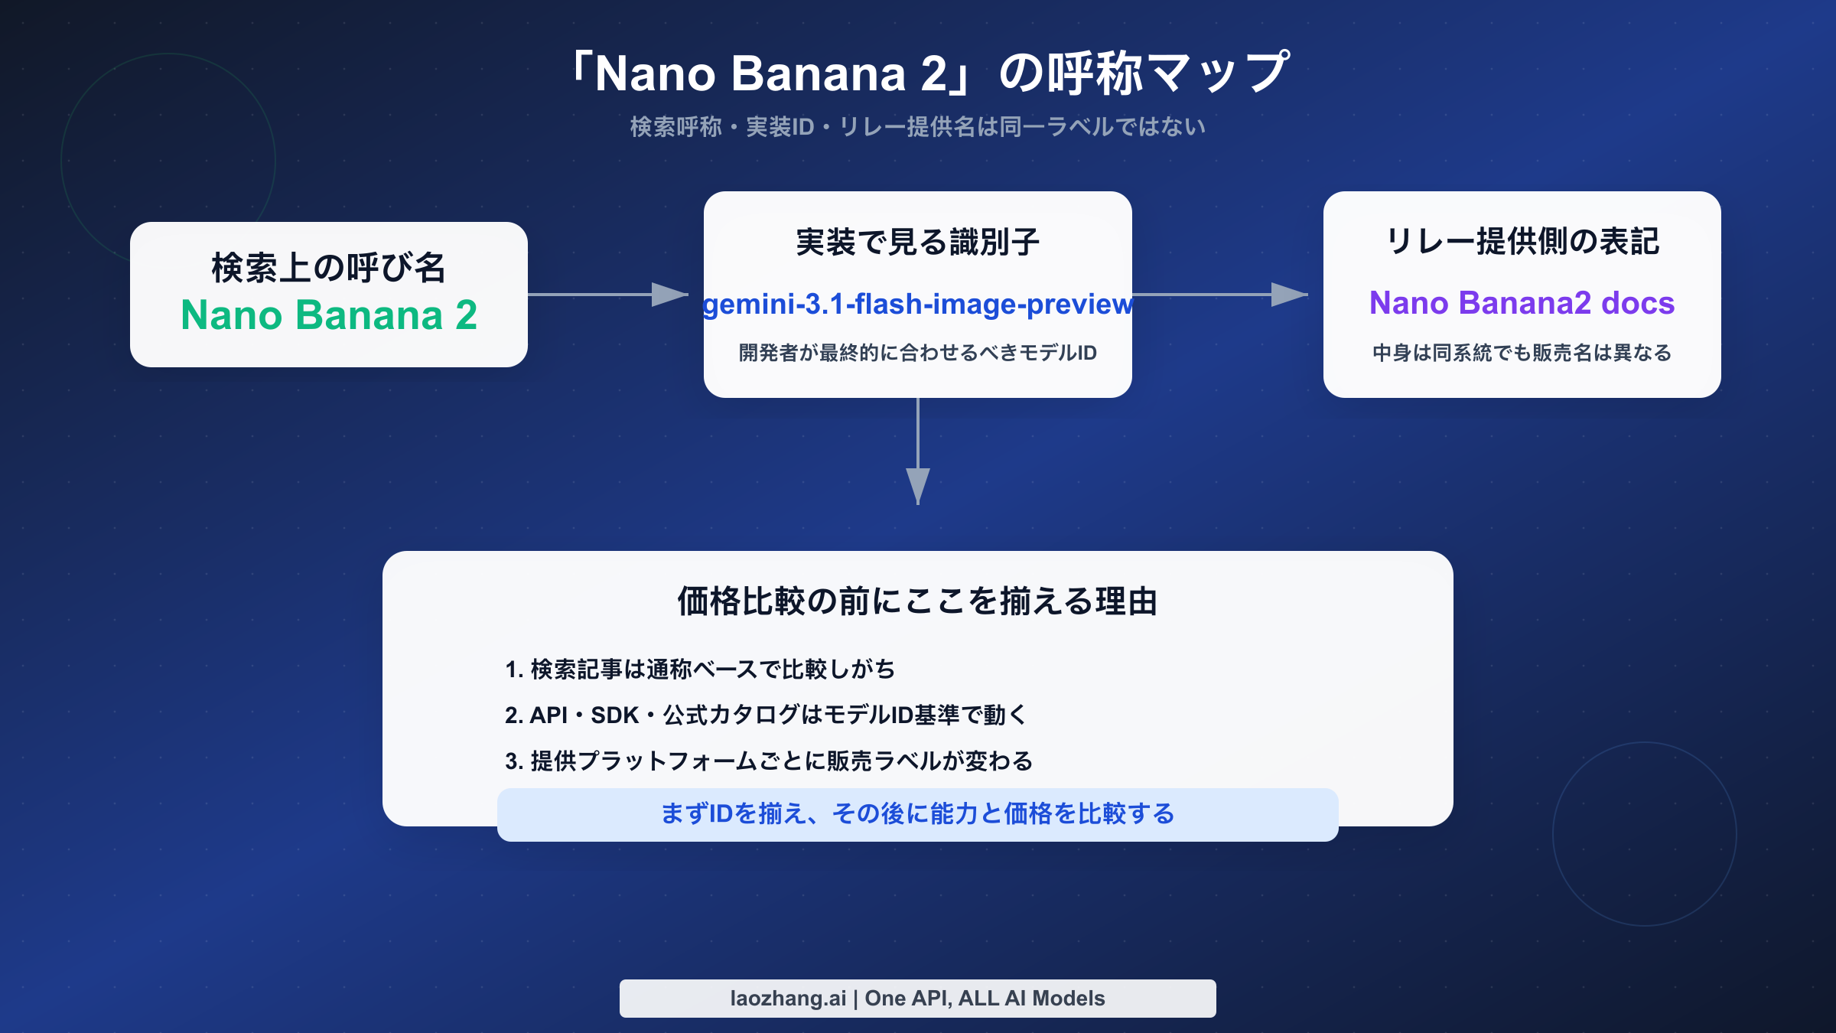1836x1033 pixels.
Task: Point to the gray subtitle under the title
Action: (x=918, y=127)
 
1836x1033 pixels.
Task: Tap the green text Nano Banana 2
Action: (x=329, y=315)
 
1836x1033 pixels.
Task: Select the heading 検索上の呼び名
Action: (x=329, y=268)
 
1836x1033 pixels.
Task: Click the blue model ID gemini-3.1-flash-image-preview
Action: (x=918, y=305)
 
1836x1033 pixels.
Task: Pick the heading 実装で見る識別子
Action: (x=918, y=243)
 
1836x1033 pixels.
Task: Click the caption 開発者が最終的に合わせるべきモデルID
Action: (x=918, y=353)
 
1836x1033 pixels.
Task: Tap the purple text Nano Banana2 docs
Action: (x=1522, y=303)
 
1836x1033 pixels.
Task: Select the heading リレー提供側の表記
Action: (x=1522, y=242)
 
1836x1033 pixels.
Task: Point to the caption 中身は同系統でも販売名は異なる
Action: (x=1522, y=353)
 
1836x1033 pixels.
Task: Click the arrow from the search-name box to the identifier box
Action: (x=608, y=295)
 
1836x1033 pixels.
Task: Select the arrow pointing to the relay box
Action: (x=1220, y=295)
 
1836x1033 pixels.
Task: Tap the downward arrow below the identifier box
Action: (x=918, y=451)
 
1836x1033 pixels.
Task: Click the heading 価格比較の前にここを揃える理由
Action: (x=918, y=601)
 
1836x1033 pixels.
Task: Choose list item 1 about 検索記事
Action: (x=699, y=670)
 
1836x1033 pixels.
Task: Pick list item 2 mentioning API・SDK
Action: (x=765, y=715)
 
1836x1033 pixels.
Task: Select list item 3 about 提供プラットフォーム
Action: (x=769, y=761)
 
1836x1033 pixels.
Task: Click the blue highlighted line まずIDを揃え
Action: (x=918, y=814)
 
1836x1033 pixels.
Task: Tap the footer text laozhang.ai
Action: (x=788, y=999)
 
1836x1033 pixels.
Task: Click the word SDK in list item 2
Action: (x=614, y=715)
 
